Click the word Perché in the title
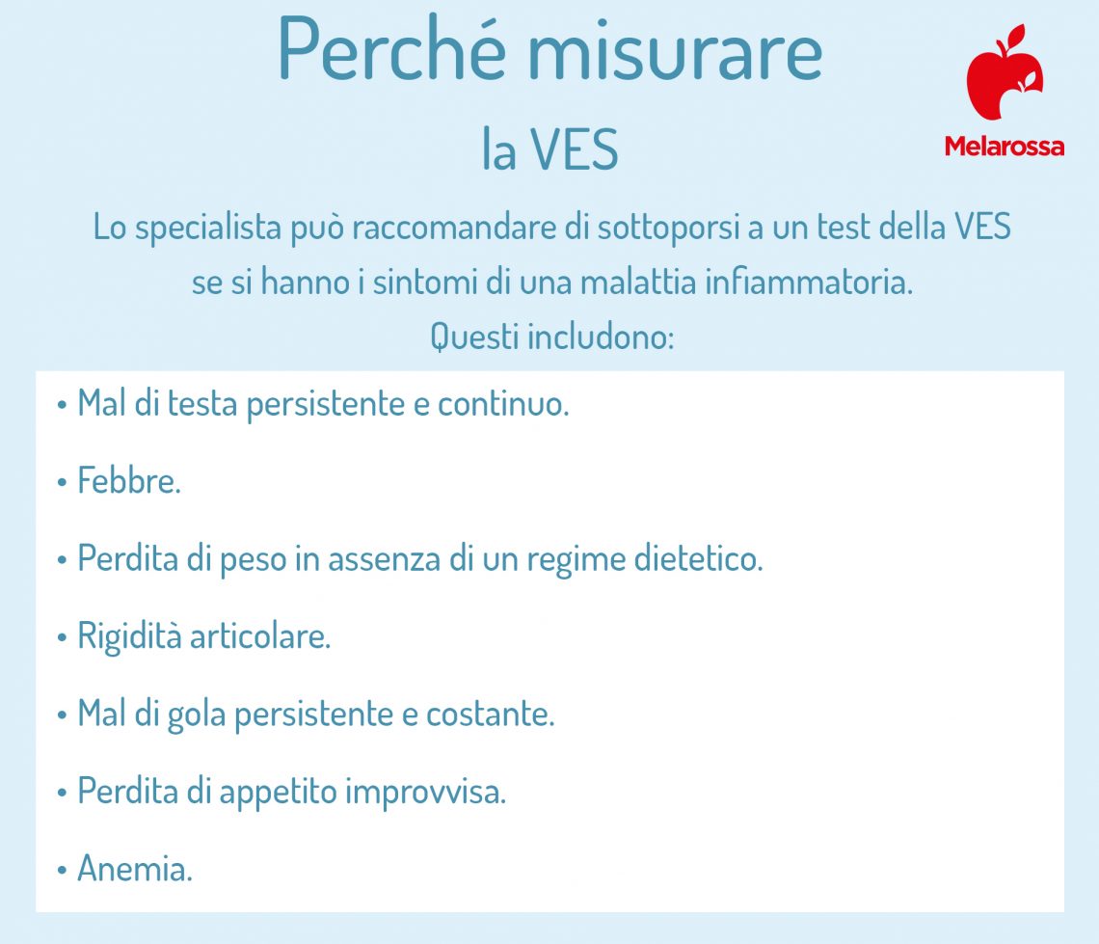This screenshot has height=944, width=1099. click(x=391, y=49)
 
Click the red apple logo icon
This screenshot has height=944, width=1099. click(x=1004, y=72)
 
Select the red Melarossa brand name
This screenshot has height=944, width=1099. click(x=1004, y=147)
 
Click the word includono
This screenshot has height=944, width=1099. click(x=601, y=337)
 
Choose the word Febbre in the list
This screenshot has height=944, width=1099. click(x=128, y=481)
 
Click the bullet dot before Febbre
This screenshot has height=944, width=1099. click(x=62, y=482)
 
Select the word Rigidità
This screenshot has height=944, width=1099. click(x=130, y=637)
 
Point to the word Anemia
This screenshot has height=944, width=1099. click(x=134, y=870)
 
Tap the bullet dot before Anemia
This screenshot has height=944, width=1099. click(x=62, y=871)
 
